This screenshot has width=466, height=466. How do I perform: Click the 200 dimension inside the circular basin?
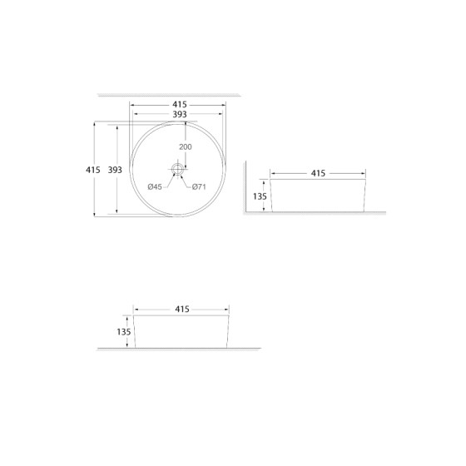click(x=185, y=147)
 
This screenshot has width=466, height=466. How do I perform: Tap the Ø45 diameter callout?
click(x=155, y=186)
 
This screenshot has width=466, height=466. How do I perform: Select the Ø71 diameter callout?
click(x=199, y=186)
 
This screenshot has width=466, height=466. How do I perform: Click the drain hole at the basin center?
click(x=176, y=169)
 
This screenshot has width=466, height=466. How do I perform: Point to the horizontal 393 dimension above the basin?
click(x=179, y=115)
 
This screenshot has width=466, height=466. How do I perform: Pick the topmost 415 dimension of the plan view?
click(x=179, y=105)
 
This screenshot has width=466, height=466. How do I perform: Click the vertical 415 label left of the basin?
click(x=93, y=170)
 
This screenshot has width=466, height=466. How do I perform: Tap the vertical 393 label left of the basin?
click(x=115, y=170)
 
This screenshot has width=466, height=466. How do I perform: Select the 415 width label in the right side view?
click(x=317, y=173)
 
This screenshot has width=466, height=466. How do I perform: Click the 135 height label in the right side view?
click(x=259, y=196)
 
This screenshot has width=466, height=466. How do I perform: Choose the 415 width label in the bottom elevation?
click(x=181, y=309)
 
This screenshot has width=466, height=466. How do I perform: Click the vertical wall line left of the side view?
click(x=243, y=187)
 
